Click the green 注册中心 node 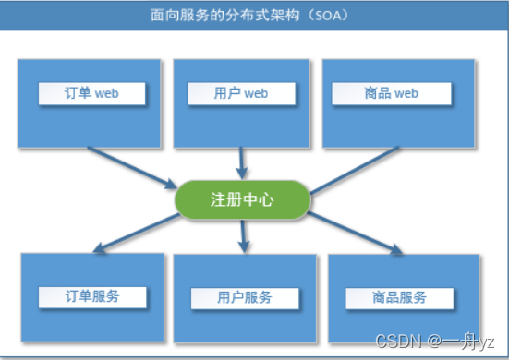[x=241, y=198]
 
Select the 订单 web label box [x=92, y=93]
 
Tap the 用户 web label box [x=241, y=93]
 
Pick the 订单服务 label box [x=92, y=296]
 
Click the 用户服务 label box [x=245, y=297]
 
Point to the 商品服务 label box [x=400, y=297]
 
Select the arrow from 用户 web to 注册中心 [x=242, y=163]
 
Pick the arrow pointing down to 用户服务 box [x=243, y=235]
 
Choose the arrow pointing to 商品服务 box [x=356, y=233]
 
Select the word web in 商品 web [x=406, y=93]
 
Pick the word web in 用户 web [x=256, y=93]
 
